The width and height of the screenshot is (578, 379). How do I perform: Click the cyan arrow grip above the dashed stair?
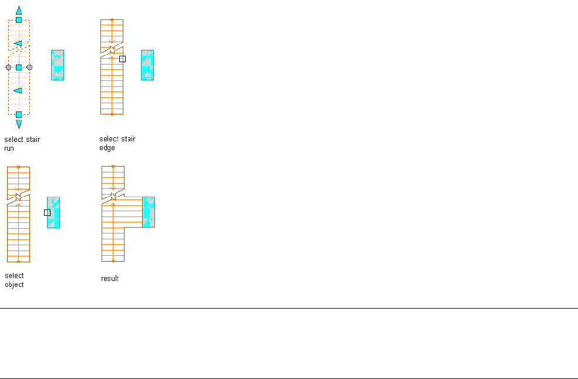coord(19,10)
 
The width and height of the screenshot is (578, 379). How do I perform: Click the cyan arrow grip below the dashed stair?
coord(19,124)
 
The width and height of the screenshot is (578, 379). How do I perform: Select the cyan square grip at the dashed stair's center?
coord(19,67)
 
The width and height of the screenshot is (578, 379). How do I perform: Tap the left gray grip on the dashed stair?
coord(8,67)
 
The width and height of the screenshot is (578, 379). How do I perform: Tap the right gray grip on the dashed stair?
coord(29,67)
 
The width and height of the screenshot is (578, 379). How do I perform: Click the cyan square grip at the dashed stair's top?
coord(19,20)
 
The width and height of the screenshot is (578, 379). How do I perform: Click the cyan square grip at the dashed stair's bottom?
coord(19,114)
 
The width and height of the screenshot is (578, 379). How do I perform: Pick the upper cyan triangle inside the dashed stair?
coord(18,43)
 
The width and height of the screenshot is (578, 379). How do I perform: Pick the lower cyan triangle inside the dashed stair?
coord(18,90)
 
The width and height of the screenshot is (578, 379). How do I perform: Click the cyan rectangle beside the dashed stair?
coord(58,65)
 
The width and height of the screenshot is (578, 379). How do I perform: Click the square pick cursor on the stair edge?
coord(122,59)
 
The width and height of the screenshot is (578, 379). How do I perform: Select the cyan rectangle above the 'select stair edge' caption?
coord(147,65)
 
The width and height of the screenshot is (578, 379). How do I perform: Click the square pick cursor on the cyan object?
coord(48,212)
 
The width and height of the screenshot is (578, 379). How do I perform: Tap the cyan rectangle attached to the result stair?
coord(149,212)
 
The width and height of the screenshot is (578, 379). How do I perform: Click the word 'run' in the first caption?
coord(9,148)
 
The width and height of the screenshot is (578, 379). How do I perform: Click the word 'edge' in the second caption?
coord(107,148)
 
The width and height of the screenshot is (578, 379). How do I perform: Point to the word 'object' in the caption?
coord(15,285)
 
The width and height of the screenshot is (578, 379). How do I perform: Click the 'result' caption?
coord(110,279)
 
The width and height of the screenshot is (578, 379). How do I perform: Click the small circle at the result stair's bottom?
coord(113,261)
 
